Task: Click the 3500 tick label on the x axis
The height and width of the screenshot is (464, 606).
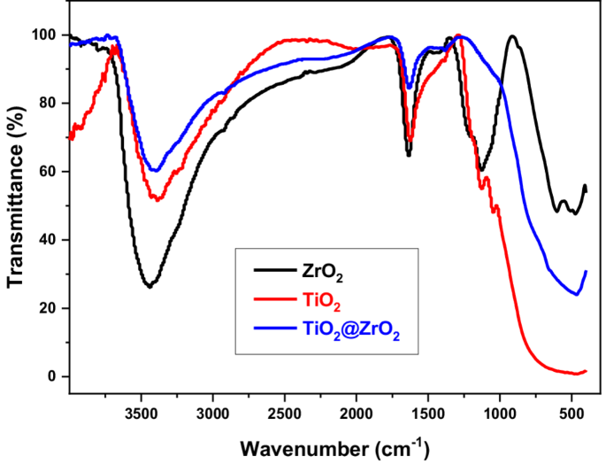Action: coord(141,412)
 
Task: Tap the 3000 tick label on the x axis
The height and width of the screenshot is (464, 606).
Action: coord(212,412)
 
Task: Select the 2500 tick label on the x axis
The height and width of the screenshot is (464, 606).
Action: coord(284,412)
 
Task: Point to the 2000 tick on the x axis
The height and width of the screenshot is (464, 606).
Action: coord(356,412)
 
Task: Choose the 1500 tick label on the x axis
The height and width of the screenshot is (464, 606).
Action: coord(428,412)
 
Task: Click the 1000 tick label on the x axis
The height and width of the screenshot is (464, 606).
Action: coord(500,412)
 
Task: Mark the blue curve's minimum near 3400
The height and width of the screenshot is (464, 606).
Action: coord(156,171)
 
